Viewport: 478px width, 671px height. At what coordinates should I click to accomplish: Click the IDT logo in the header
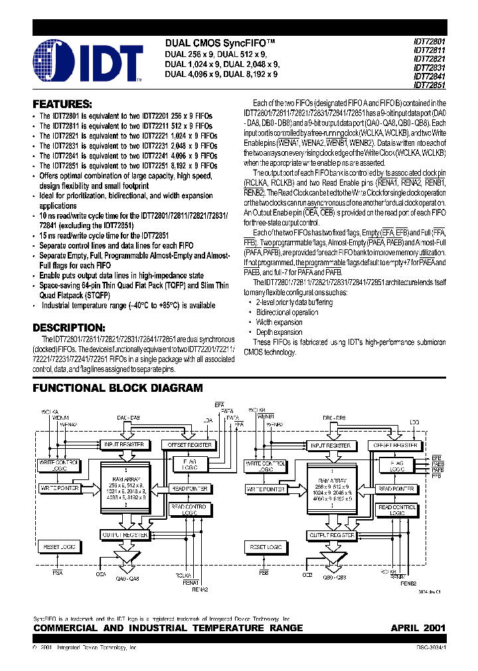[86, 62]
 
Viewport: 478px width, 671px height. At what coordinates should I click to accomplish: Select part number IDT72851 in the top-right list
[430, 85]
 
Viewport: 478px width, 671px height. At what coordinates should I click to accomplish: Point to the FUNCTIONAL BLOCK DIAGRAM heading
[118, 388]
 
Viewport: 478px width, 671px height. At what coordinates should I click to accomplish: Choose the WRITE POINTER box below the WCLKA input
[60, 489]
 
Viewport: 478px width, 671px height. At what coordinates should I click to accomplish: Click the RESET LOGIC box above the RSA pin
[60, 547]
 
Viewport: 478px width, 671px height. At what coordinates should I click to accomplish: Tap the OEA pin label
[101, 574]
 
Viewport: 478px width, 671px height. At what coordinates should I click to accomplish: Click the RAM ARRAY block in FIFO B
[330, 489]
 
